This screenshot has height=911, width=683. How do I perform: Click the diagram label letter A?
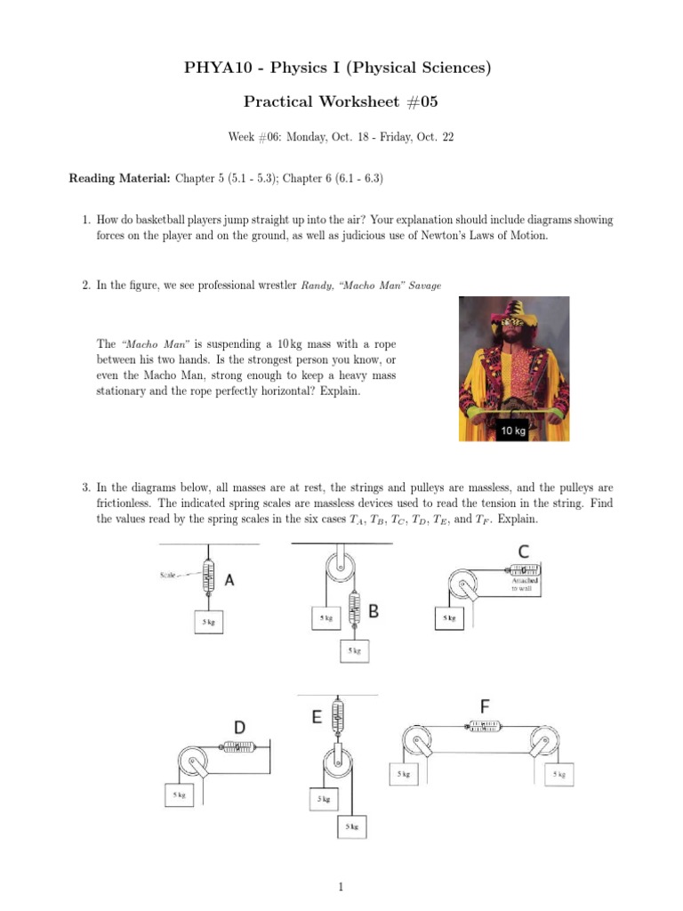click(229, 579)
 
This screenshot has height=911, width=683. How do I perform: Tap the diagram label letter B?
click(374, 611)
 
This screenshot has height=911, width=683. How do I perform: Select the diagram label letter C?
click(525, 552)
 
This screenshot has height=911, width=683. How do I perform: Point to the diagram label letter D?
click(239, 728)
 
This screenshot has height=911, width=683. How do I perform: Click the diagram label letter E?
click(317, 717)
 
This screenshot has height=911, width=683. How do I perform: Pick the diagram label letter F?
click(485, 706)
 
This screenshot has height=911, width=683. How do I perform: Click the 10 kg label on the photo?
click(513, 431)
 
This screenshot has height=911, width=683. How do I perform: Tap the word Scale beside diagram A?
click(171, 574)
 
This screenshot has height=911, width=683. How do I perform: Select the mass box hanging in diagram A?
click(209, 622)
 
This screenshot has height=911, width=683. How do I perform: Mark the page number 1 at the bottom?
click(341, 886)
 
